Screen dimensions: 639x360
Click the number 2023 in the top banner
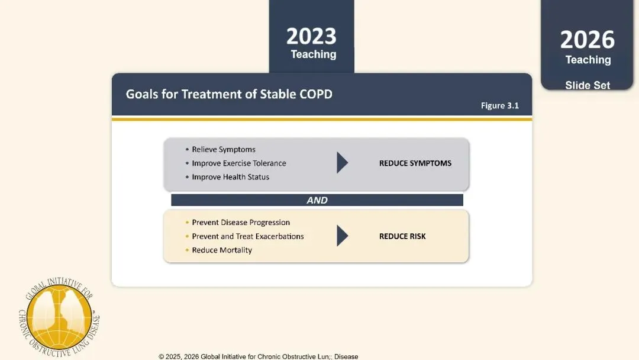(x=311, y=36)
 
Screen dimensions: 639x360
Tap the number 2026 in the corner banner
(x=588, y=40)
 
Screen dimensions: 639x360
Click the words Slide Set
(x=588, y=85)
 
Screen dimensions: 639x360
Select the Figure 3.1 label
(x=499, y=105)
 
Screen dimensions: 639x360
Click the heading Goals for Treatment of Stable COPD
(x=229, y=94)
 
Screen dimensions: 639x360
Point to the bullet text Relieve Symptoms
(x=224, y=150)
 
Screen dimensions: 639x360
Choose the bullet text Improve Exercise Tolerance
(x=239, y=163)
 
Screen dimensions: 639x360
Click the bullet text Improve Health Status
(x=231, y=177)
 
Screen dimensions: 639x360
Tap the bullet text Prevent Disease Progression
(x=241, y=223)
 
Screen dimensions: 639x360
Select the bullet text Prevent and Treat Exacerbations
(x=248, y=236)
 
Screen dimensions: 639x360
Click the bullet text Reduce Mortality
(x=222, y=250)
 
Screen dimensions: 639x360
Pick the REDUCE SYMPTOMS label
(x=415, y=163)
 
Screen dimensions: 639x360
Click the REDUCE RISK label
(x=402, y=236)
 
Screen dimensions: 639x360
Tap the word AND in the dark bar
(x=317, y=200)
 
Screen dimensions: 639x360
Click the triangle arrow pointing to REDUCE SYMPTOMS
(x=341, y=163)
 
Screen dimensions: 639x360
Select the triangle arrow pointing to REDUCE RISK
(x=341, y=236)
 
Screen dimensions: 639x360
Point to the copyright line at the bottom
(x=259, y=356)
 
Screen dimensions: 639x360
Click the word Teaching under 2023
(x=314, y=54)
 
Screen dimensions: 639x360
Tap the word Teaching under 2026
(x=588, y=60)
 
